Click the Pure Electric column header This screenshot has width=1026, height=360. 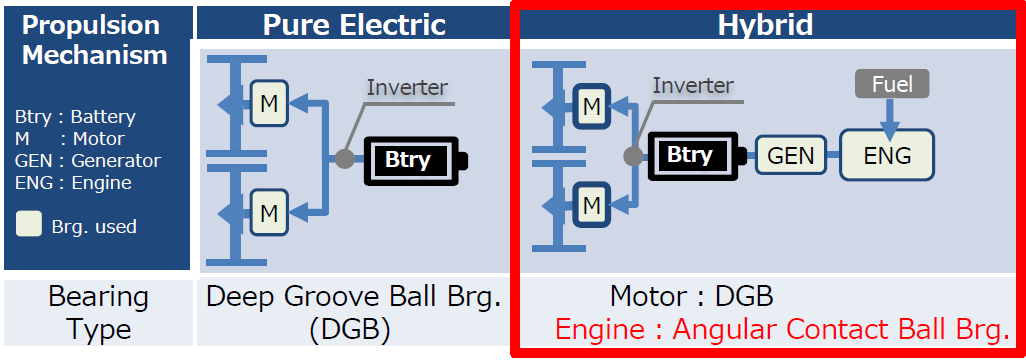tap(354, 24)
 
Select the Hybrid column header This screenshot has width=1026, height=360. tap(765, 25)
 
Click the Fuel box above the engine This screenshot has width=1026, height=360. tap(891, 84)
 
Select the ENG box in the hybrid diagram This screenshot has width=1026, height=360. tap(887, 156)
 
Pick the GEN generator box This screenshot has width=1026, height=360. tap(790, 156)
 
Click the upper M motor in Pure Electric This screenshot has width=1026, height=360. tap(268, 103)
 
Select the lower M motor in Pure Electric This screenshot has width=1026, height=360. tap(268, 212)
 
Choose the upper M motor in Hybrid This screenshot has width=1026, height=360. tap(592, 105)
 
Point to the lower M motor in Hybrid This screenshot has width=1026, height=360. tap(592, 205)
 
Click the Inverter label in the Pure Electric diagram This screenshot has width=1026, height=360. tap(407, 88)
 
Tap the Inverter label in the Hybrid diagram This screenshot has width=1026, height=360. tap(693, 86)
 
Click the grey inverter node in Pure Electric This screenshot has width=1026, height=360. tap(344, 158)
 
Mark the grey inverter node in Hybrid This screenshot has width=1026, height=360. tap(632, 156)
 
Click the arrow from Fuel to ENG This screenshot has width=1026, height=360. tap(884, 115)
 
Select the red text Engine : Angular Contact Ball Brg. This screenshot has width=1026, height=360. tap(781, 330)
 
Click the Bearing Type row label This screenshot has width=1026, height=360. tap(98, 313)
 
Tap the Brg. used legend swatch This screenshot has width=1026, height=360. tap(30, 225)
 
